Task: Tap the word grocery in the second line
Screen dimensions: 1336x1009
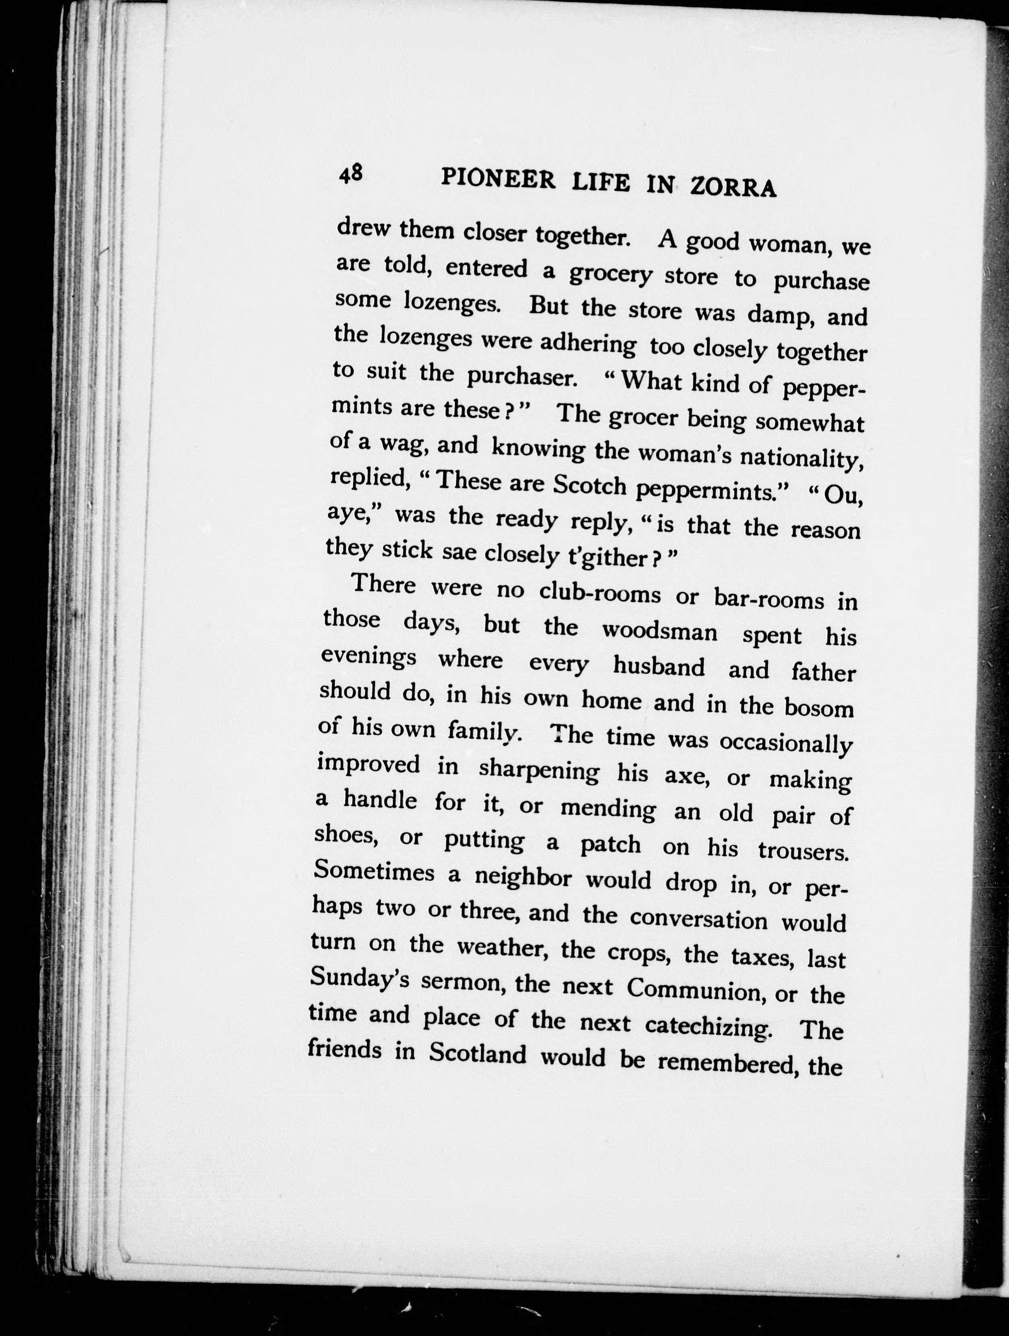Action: pyautogui.click(x=610, y=275)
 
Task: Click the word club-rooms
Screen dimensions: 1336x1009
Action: pyautogui.click(x=599, y=593)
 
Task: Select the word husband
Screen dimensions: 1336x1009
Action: pyautogui.click(x=659, y=666)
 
